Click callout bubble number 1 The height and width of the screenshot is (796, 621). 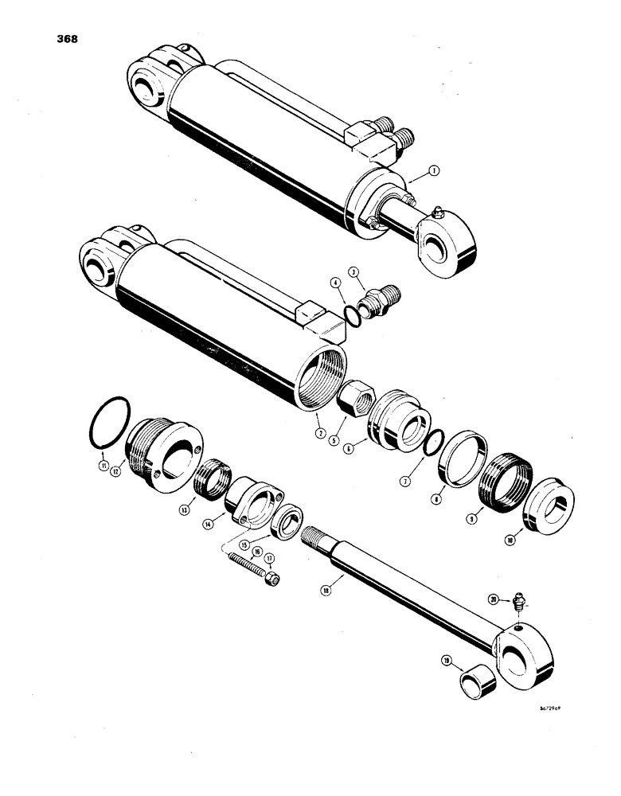[433, 170]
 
